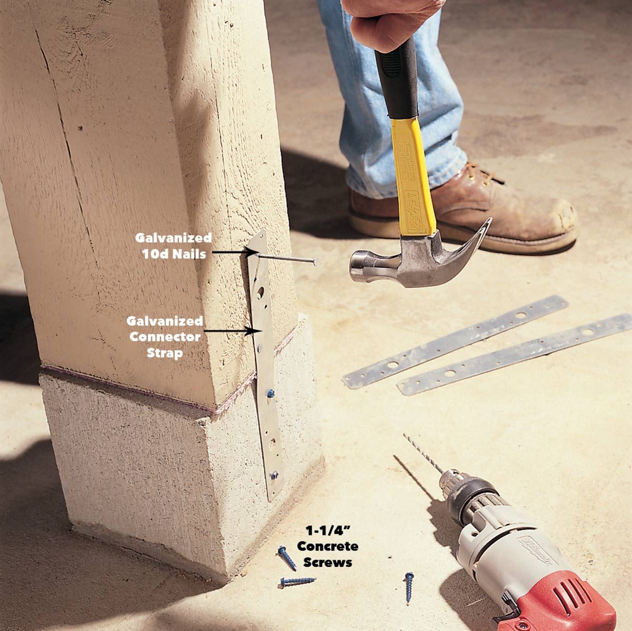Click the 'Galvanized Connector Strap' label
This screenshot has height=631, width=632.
164,337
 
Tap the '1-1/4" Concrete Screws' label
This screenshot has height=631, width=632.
327,546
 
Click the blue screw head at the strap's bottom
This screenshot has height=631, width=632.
273,476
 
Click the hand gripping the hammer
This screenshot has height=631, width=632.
390,21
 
